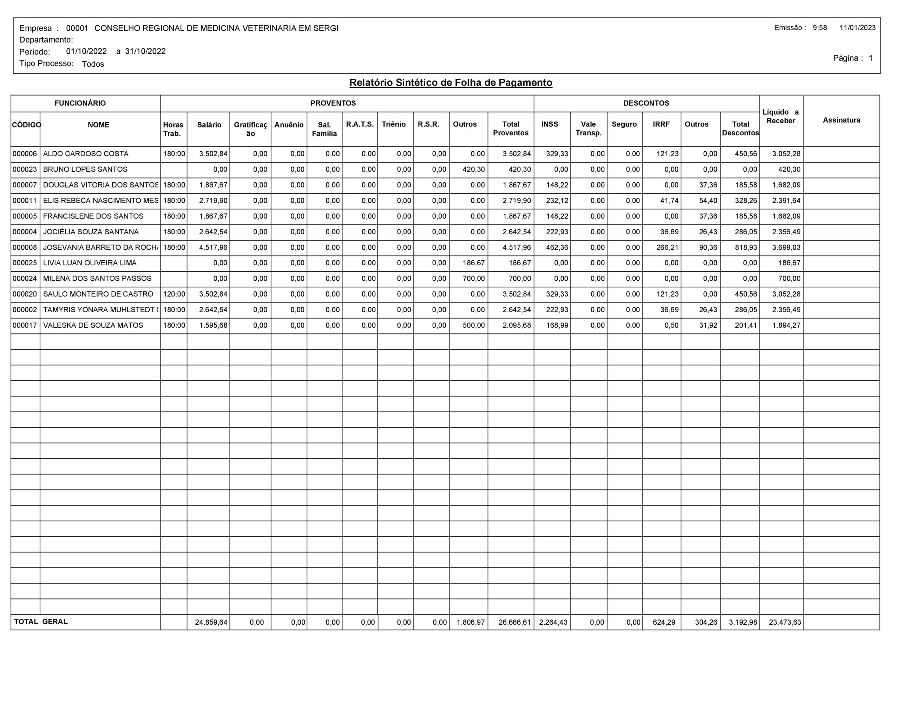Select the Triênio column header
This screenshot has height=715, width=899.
393,124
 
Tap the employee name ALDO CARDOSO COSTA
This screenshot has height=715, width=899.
86,154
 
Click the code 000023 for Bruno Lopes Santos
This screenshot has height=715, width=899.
25,169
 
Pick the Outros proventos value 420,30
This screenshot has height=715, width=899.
473,169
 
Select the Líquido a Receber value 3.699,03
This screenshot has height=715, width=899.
786,247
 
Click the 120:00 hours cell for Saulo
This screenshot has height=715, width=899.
174,294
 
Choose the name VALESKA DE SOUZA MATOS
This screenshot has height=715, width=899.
93,325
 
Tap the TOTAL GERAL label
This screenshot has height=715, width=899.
41,622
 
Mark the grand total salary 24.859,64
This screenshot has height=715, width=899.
211,622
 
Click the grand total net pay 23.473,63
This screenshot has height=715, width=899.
785,622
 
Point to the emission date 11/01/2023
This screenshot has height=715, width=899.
857,28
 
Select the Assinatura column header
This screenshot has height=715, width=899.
841,121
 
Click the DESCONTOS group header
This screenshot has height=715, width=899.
646,103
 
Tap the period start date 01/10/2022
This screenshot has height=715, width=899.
86,51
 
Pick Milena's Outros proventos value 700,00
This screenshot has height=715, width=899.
473,279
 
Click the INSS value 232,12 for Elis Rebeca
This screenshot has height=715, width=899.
557,201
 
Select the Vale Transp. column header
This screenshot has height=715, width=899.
588,129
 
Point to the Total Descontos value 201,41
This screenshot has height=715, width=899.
746,325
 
